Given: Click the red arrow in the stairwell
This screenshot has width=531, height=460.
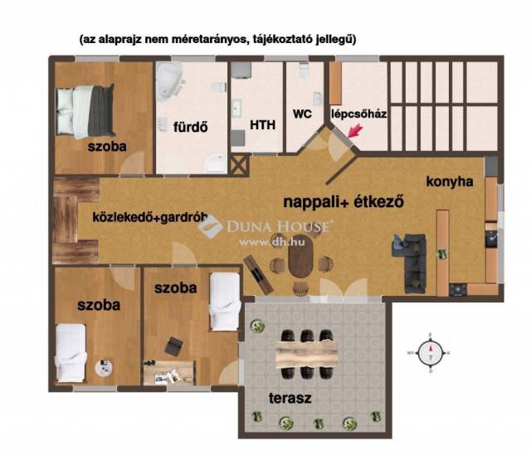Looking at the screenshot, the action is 354,131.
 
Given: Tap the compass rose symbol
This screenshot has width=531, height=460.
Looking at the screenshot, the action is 431,353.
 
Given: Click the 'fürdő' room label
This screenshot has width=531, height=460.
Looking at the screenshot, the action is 190,127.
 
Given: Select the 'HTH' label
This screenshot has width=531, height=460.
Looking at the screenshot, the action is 262,125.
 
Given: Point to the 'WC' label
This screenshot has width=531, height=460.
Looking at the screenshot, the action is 302,114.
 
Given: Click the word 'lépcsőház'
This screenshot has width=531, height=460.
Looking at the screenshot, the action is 358,114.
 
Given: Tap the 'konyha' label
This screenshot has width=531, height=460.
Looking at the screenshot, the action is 450,182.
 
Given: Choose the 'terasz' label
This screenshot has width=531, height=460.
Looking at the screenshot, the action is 290,398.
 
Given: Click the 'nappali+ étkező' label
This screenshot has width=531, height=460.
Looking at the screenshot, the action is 343,202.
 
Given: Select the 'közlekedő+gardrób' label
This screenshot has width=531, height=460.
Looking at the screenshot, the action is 150,217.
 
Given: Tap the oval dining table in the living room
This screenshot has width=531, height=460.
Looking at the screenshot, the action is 300,256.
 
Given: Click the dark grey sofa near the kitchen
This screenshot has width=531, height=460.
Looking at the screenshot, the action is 410,263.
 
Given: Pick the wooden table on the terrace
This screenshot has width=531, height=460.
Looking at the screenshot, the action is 307,354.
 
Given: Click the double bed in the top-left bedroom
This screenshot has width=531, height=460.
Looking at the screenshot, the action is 85,110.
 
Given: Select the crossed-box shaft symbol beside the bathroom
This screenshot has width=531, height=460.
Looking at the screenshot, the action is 240,165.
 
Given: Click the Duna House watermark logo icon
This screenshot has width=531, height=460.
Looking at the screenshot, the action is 210,226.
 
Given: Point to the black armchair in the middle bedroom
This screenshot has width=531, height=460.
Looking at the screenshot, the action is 174,346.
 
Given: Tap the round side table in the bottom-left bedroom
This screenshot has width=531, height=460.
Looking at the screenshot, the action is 104,367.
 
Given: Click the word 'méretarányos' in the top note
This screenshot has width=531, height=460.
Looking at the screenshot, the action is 207,39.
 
